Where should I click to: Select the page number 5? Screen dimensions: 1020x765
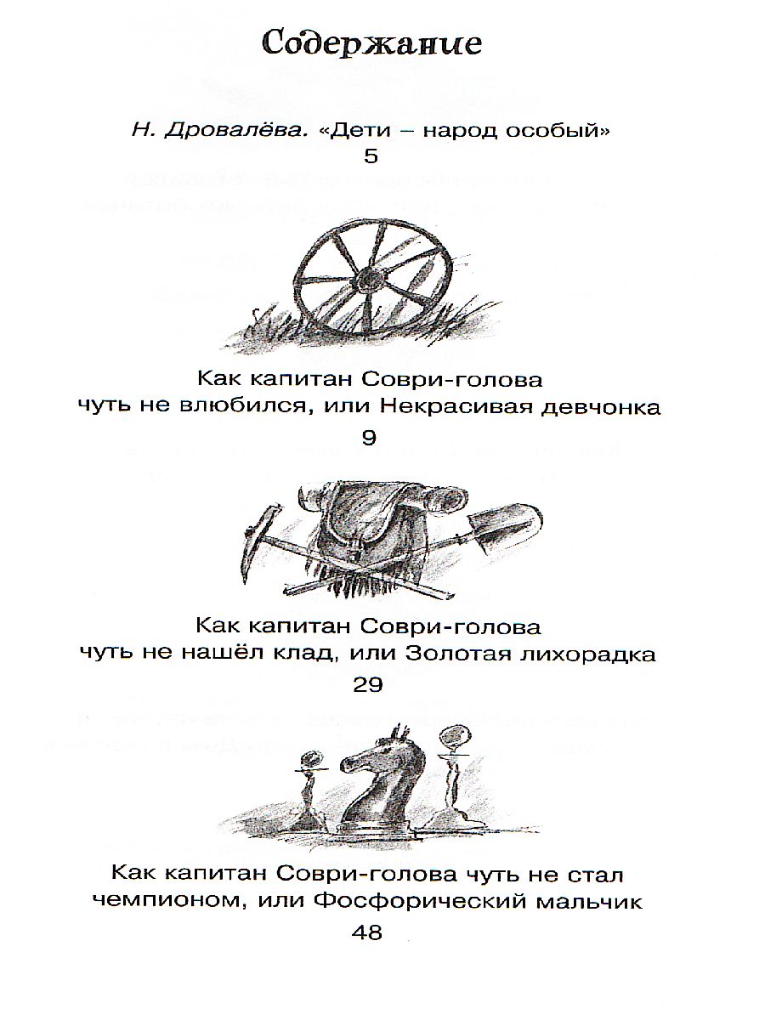point(369,157)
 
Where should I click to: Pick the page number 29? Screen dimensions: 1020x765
point(368,685)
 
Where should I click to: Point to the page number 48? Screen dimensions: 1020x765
point(368,932)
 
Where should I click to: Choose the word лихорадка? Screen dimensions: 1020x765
point(596,654)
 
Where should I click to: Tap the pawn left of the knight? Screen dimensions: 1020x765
point(309,786)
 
